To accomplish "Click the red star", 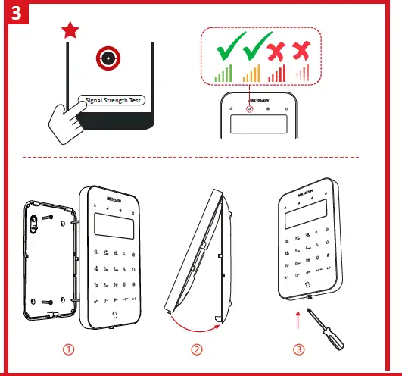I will (69, 30).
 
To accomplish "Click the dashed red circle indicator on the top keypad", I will (249, 108).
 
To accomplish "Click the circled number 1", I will (69, 350).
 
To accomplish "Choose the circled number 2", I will (197, 350).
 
